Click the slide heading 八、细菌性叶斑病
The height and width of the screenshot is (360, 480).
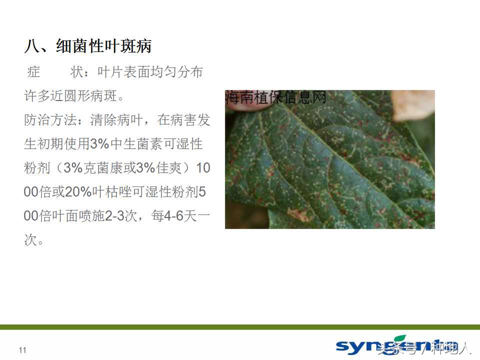point(88,46)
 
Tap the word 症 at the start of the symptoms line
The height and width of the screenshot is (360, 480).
point(33,72)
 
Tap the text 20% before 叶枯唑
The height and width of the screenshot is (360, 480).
point(76,192)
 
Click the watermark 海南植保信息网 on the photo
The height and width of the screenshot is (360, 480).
point(276,96)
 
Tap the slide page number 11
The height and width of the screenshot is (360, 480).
point(22,350)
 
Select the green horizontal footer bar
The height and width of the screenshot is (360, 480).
point(240,327)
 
